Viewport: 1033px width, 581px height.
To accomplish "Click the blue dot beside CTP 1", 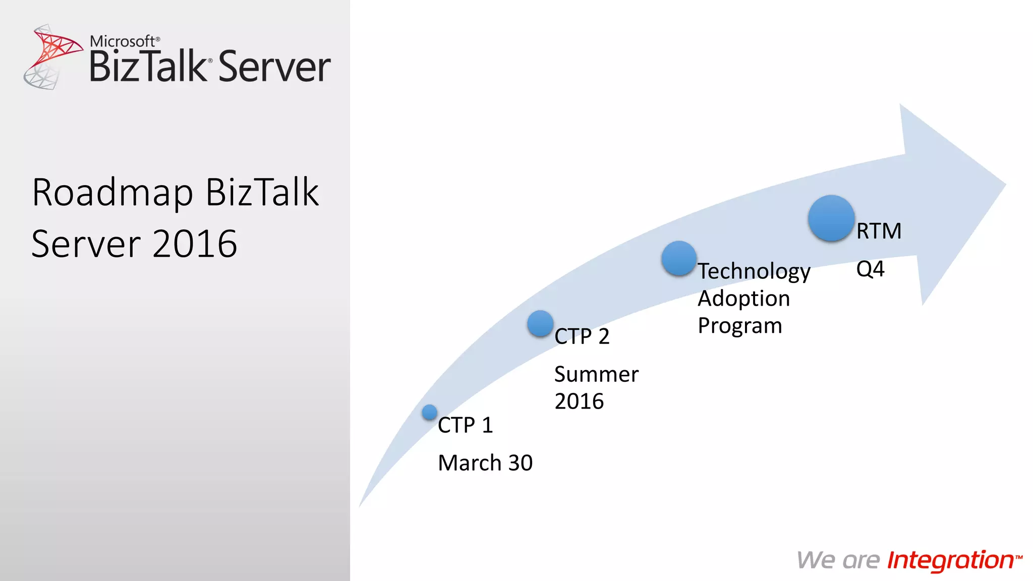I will (429, 412).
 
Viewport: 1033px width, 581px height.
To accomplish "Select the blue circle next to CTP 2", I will (540, 323).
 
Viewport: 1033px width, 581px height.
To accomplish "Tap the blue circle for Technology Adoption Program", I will (679, 258).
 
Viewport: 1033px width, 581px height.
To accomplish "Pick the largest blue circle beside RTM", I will (831, 218).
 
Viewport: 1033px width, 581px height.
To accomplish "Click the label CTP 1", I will (465, 425).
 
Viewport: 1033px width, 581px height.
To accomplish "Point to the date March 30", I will (485, 463).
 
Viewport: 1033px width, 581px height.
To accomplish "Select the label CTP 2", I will (582, 336).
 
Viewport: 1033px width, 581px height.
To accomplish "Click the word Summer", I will (596, 375).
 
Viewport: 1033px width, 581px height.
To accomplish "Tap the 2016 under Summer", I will (579, 401).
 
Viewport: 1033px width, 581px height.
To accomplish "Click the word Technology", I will (754, 272).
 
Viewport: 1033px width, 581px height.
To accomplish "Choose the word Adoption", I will (743, 299).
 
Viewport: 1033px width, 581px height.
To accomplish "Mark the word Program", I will (739, 326).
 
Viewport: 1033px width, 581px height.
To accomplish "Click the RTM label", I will (879, 231).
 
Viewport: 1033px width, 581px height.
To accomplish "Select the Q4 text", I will (870, 269).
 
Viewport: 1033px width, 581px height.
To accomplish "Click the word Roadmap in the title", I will (112, 193).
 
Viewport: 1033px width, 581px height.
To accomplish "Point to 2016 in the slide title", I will (195, 244).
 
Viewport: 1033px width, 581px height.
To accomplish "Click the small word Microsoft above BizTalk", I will (123, 41).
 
